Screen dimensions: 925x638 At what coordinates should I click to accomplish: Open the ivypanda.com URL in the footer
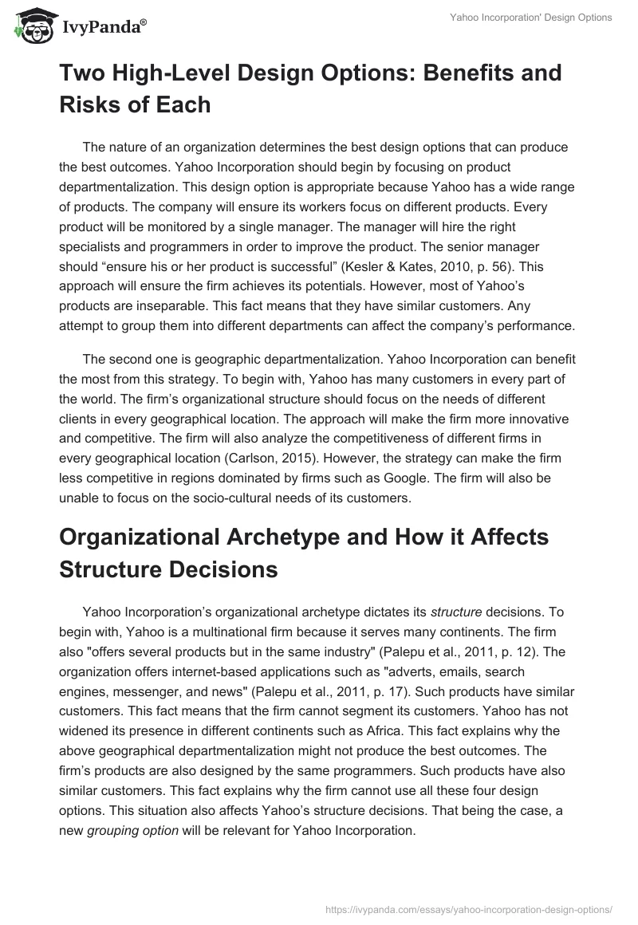[470, 907]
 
